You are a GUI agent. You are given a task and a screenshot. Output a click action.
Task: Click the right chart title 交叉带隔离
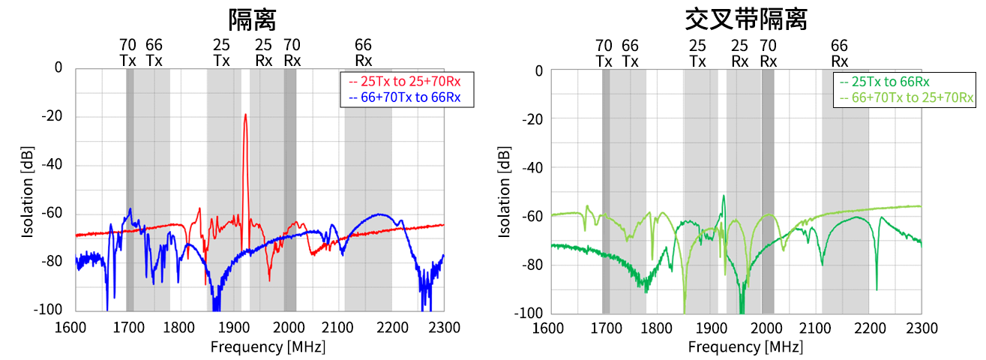point(746,18)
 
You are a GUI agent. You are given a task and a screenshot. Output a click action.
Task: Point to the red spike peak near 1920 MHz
point(245,115)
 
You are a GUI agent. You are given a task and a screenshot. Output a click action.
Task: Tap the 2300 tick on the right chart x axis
point(921,328)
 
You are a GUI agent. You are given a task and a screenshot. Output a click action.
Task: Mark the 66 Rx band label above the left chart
point(364,52)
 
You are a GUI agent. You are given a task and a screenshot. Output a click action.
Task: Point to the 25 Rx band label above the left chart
point(264,52)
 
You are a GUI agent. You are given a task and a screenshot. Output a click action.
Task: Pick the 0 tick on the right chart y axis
point(538,71)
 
